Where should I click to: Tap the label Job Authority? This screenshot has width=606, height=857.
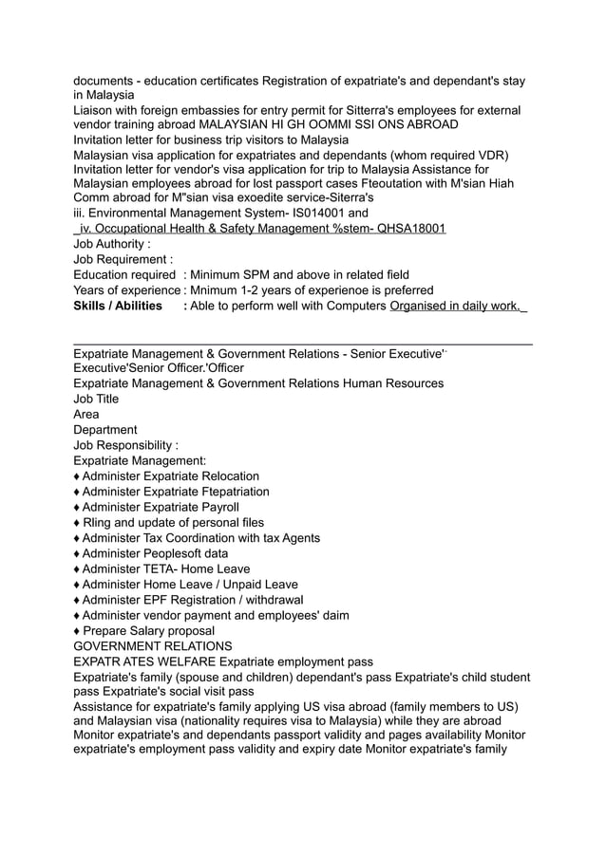pos(111,244)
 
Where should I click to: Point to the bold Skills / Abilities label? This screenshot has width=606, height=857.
pos(118,306)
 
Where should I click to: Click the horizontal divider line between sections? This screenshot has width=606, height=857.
pos(302,344)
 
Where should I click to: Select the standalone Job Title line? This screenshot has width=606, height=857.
pos(96,399)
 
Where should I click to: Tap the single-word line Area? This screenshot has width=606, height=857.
pos(86,414)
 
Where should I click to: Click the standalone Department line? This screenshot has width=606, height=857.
pos(105,429)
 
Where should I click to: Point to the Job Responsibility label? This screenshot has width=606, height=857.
pos(125,445)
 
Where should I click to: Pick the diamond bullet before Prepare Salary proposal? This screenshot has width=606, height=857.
pos(77,631)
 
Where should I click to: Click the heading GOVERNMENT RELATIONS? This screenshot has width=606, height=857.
pos(153,646)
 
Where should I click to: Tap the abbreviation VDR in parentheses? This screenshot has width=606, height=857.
pos(487,155)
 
